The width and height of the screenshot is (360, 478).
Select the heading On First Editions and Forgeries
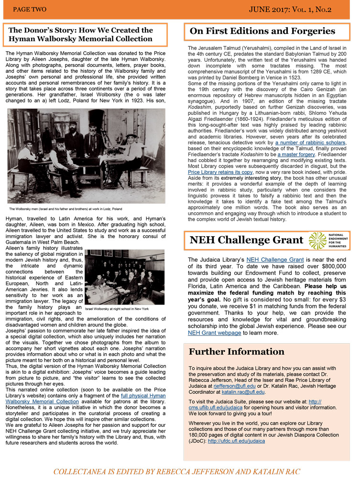coord(262,32)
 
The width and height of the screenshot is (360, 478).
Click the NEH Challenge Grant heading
coord(246,239)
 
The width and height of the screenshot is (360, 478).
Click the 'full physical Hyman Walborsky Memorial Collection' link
coord(110,399)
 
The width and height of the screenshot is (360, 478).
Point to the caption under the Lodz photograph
coord(65,209)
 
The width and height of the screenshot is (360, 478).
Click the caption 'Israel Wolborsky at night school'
coord(117,309)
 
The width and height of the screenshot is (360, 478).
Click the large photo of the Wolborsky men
coord(86,156)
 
